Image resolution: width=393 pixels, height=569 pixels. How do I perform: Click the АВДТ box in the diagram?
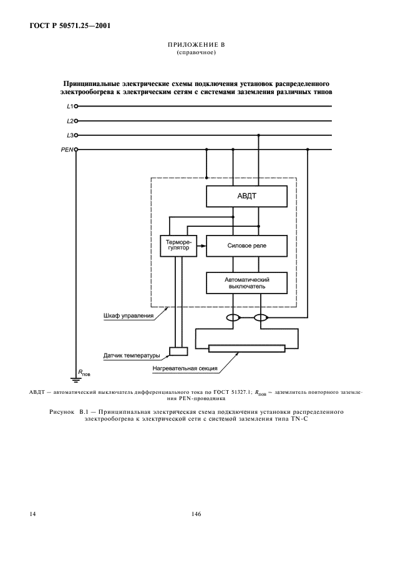click(x=246, y=196)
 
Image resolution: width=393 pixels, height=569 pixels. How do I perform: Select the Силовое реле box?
click(x=246, y=246)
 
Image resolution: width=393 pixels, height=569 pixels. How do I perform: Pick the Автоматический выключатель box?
click(x=246, y=283)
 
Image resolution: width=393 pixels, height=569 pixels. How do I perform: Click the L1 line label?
click(x=70, y=106)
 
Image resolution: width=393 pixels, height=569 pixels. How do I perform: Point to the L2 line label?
click(x=70, y=121)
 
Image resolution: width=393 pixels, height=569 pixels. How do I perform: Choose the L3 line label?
click(x=70, y=135)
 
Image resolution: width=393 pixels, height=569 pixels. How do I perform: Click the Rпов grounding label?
click(x=84, y=373)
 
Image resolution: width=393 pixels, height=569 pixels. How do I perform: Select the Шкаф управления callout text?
click(x=128, y=316)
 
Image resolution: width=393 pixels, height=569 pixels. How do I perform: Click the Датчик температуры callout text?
click(x=132, y=356)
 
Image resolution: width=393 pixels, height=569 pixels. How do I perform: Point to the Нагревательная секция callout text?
click(x=185, y=368)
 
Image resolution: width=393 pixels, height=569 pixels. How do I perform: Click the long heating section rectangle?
click(x=246, y=348)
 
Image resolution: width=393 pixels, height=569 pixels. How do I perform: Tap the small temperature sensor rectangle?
click(x=178, y=350)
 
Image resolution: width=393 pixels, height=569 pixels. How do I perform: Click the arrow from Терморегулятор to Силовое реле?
click(x=201, y=246)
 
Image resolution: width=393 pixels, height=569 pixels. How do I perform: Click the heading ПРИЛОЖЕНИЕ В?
click(x=196, y=46)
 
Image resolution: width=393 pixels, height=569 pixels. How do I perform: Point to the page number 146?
click(x=196, y=515)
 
